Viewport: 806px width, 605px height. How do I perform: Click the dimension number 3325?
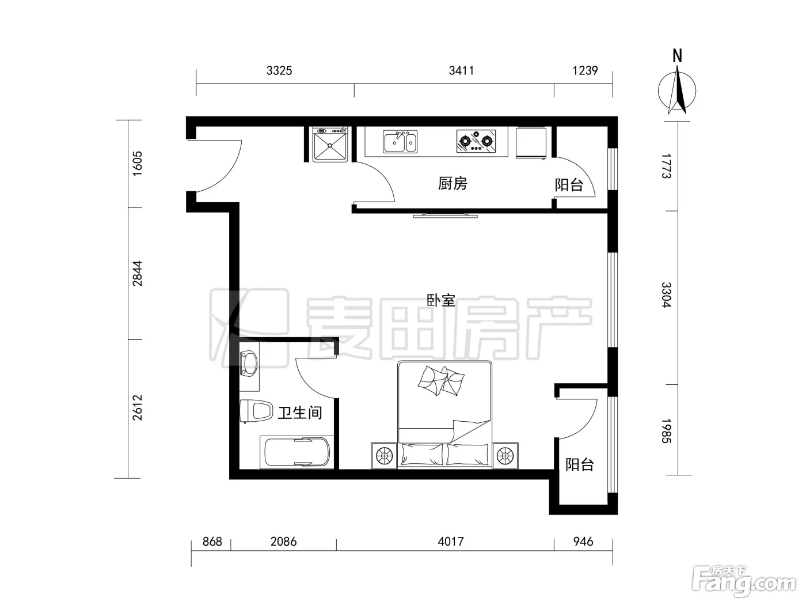click(279, 70)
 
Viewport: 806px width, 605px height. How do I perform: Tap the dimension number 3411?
click(461, 70)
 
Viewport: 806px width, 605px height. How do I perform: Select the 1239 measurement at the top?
click(585, 70)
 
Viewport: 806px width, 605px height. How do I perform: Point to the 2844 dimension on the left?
click(137, 273)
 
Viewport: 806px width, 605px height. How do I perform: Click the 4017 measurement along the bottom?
click(451, 542)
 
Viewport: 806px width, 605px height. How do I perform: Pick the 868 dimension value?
click(212, 542)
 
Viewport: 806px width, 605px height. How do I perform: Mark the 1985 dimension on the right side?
click(667, 431)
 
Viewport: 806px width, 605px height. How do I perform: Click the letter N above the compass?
click(677, 56)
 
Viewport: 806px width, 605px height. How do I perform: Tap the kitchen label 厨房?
click(453, 183)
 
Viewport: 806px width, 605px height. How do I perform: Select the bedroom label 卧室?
click(440, 300)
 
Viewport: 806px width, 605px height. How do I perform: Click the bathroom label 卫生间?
click(299, 413)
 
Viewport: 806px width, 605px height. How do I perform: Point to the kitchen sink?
click(400, 141)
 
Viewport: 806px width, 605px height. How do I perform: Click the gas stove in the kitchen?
click(476, 141)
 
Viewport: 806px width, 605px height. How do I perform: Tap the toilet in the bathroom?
click(256, 411)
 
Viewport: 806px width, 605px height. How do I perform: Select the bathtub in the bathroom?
click(296, 452)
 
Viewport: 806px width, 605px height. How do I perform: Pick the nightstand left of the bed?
click(384, 456)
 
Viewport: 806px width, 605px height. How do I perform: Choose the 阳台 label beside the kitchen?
click(569, 185)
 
